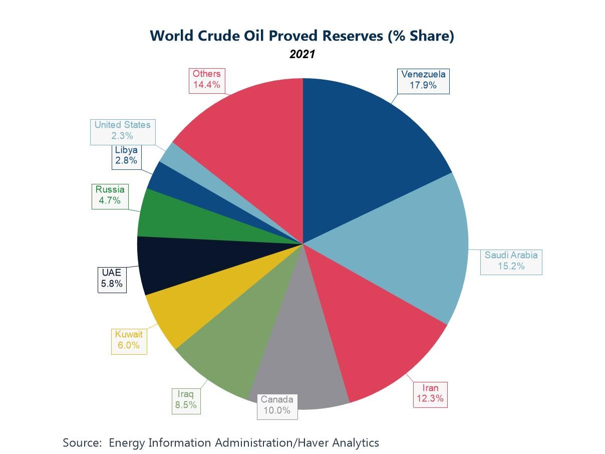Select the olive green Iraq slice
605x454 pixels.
coord(235,341)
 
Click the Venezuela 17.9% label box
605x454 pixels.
coord(423,80)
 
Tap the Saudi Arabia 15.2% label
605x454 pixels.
coord(511,261)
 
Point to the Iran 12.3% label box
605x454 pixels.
coord(430,394)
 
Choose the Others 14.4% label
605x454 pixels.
coord(206,80)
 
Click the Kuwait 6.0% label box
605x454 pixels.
coord(129,340)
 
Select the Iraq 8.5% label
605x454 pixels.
coord(186,400)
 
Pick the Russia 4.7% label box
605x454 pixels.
coord(110,195)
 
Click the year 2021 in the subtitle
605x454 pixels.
coord(302,54)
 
